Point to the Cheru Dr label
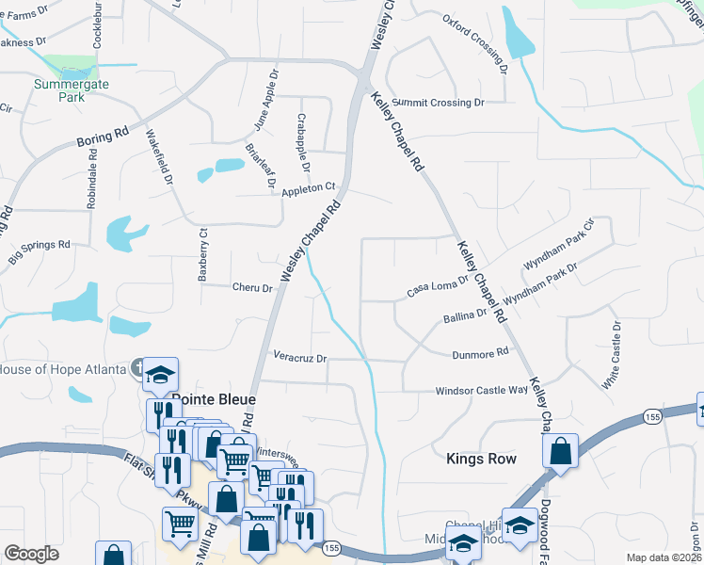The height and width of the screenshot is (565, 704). pos(253,288)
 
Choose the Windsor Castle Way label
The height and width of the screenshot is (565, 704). pos(481,390)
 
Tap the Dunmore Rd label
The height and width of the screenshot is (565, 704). pos(480,352)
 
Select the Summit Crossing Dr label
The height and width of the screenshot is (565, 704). pos(438,101)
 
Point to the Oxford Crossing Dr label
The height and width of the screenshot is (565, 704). pos(475,44)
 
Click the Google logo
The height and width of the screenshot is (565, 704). pos(31,554)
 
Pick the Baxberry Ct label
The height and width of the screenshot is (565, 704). pos(201,254)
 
